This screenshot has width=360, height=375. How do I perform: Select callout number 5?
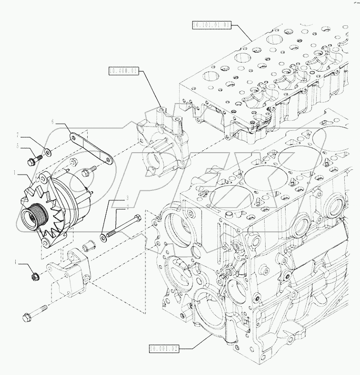pyautogui.click(x=18, y=146)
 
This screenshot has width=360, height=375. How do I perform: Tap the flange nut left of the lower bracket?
pyautogui.click(x=35, y=276)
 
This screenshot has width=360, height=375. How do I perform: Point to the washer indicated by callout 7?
pyautogui.click(x=48, y=154)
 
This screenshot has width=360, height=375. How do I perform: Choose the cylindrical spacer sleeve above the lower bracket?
pyautogui.click(x=87, y=247)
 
